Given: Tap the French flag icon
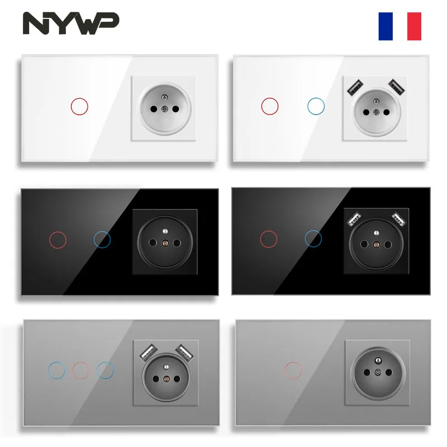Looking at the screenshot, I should [400, 26].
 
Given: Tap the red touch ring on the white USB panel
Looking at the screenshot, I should [270, 105].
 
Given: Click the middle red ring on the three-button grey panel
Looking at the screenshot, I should [81, 370].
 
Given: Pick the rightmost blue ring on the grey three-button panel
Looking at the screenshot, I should [105, 370].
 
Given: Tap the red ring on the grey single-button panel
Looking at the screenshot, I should [294, 370].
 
